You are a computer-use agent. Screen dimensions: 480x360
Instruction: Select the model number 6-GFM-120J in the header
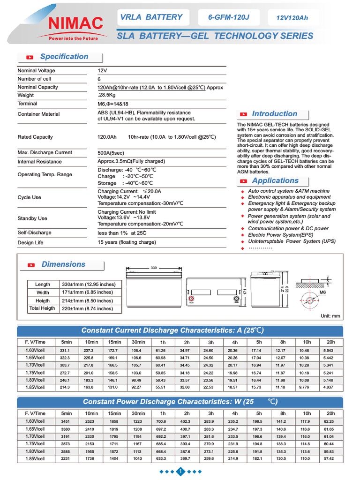coord(229,18)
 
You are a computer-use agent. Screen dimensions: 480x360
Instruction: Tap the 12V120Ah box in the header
coord(292,18)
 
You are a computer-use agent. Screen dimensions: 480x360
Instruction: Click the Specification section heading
coord(64,57)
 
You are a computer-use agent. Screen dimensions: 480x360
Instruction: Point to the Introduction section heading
coord(274,114)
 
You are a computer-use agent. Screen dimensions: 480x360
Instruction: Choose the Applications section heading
coord(275,181)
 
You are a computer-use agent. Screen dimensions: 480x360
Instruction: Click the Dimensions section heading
coord(63,264)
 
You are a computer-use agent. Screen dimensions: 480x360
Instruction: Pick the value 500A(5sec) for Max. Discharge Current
coord(111,153)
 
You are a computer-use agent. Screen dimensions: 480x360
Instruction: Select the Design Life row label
coord(30,243)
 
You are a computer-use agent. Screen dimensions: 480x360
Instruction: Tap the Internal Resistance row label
coord(39,162)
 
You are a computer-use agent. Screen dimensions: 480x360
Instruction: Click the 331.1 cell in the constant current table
coord(65,351)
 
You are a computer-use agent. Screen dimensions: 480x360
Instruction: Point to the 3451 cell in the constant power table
coord(65,421)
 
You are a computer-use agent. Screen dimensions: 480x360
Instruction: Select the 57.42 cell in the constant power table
coord(330,458)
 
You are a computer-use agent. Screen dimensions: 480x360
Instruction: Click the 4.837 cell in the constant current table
coord(330,387)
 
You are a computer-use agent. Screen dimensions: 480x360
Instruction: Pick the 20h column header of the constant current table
coord(330,342)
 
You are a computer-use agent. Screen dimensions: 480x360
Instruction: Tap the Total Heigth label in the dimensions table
coord(42,309)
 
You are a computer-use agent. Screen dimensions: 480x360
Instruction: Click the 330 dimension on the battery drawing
coord(154,268)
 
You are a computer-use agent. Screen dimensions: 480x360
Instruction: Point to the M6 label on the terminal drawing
coord(322,292)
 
